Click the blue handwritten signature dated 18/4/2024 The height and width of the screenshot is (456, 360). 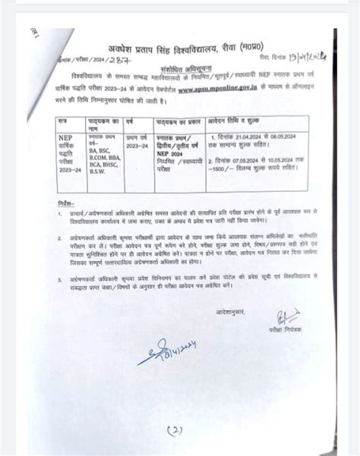pos(171,348)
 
